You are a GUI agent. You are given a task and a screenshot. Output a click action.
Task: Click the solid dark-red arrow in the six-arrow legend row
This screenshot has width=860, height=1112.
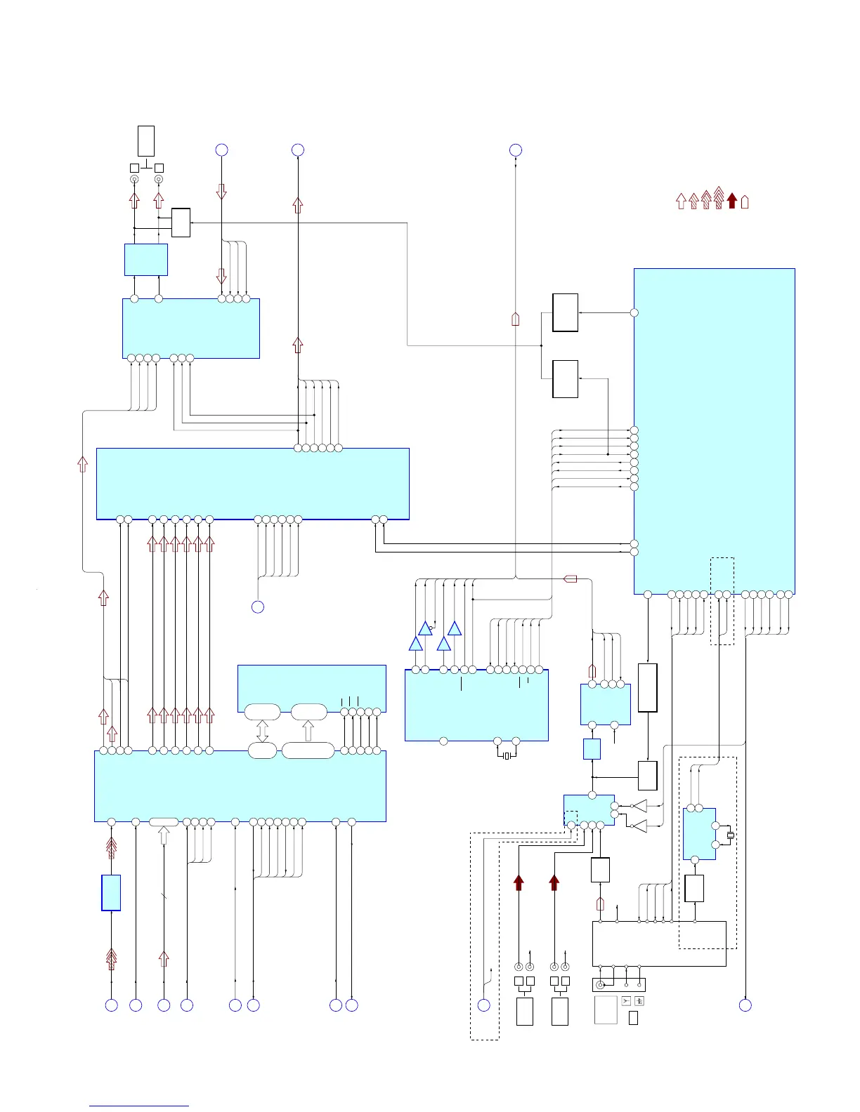[x=731, y=201]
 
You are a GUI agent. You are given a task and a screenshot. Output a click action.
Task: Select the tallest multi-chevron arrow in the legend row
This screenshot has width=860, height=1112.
[x=718, y=198]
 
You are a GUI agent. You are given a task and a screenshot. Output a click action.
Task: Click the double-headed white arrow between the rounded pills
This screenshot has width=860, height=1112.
[x=263, y=731]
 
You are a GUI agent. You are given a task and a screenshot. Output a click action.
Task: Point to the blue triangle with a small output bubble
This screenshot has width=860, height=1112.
[x=425, y=628]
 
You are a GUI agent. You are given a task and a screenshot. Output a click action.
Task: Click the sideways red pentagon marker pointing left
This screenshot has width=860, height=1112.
[x=571, y=579]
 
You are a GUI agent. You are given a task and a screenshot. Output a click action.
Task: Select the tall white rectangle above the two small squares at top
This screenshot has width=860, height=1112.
[x=146, y=141]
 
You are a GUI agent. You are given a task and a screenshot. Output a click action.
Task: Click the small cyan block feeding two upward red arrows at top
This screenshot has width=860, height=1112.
[x=146, y=260]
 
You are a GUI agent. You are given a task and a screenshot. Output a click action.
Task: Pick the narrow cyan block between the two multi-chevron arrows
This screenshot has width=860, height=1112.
[x=111, y=892]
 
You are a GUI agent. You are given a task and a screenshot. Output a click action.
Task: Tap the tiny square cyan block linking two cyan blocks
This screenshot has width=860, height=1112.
[x=592, y=749]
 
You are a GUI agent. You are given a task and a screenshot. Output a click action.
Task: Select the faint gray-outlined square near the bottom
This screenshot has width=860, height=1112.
[x=606, y=1010]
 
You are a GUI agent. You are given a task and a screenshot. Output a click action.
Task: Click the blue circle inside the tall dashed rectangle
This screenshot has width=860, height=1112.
[x=484, y=1005]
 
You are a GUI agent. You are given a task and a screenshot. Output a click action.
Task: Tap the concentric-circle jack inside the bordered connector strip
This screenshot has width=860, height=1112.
[x=600, y=985]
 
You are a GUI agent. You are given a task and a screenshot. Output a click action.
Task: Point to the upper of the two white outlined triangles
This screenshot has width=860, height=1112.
[x=639, y=806]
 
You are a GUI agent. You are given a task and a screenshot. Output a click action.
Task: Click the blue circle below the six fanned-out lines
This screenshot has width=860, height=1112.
[x=258, y=607]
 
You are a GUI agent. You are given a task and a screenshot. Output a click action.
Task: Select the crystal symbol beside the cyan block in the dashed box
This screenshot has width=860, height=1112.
[x=730, y=835]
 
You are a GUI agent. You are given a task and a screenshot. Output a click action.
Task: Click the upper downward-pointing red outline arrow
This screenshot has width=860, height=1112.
[x=221, y=192]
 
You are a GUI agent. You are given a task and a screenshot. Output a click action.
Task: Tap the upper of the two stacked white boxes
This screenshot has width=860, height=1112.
[x=565, y=312]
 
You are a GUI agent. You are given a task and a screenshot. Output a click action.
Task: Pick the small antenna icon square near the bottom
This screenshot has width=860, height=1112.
[x=626, y=1001]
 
